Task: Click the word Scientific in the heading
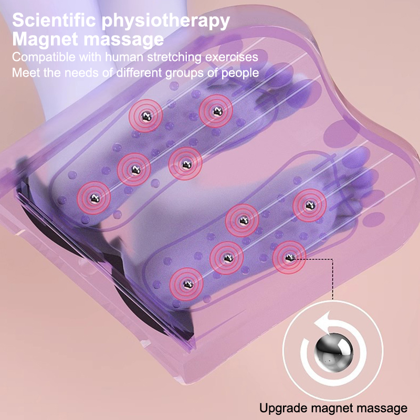point(54,20)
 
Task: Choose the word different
point(139,72)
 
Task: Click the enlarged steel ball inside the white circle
point(334,352)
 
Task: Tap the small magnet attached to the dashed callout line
point(289,257)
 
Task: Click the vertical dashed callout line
point(333,279)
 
